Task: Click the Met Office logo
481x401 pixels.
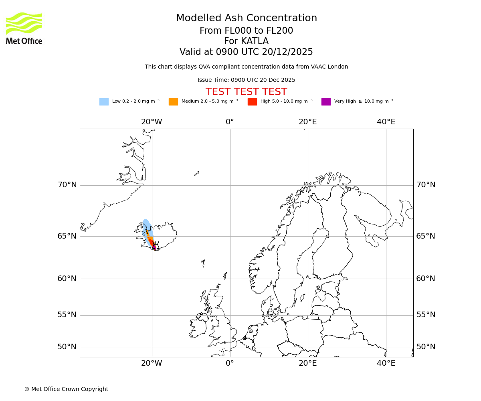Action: point(24,28)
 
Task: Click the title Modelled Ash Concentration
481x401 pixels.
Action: point(246,18)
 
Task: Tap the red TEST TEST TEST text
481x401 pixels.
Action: point(246,92)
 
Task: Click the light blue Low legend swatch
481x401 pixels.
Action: point(104,101)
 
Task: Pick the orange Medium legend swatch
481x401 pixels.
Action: point(173,101)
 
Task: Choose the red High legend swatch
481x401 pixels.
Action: point(252,101)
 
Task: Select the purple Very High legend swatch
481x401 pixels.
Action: point(326,101)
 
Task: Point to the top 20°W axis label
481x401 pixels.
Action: point(152,122)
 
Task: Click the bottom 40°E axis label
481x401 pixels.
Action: point(386,363)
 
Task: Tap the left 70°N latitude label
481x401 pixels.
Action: point(67,185)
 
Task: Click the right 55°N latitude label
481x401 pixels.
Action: point(425,315)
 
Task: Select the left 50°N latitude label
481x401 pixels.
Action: point(67,347)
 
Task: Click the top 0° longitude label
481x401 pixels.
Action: point(230,122)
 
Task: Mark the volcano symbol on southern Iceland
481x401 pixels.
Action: point(156,246)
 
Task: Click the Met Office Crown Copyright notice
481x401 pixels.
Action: point(66,389)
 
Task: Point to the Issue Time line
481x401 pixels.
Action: point(246,80)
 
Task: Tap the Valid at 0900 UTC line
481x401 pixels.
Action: point(246,52)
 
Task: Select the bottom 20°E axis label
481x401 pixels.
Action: point(307,363)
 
